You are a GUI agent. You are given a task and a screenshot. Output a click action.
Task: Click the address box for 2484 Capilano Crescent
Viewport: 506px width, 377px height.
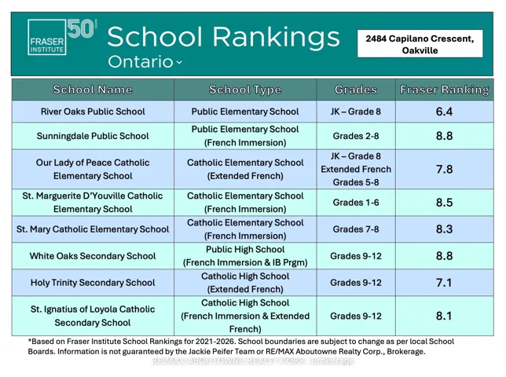pos(420,44)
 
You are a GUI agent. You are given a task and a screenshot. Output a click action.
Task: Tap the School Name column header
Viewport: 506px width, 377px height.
pos(93,90)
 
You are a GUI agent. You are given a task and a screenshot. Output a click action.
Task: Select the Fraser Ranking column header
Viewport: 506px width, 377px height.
pos(445,90)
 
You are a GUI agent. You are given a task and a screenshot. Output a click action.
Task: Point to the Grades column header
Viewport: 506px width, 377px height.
pos(356,90)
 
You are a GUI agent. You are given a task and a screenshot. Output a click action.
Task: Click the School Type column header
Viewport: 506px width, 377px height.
pos(245,90)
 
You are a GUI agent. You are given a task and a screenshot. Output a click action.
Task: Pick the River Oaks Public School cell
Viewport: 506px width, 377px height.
pos(93,112)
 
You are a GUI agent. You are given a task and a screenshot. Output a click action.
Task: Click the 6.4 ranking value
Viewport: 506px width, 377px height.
pos(444,112)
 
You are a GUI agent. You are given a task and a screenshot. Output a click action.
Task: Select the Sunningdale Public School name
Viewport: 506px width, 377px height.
pos(93,136)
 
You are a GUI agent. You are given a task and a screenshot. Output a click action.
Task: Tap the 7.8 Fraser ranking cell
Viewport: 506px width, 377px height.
pos(444,169)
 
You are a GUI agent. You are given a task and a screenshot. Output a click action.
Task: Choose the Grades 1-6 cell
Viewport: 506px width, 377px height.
pos(356,203)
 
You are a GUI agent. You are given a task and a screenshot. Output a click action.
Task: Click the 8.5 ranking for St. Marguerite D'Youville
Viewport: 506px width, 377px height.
pos(444,203)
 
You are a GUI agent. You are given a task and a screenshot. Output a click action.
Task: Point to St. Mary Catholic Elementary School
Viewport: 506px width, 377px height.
pos(93,229)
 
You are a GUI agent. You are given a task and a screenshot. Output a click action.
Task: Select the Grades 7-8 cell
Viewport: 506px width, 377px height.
pos(356,229)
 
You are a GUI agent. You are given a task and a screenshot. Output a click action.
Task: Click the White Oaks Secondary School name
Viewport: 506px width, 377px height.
pos(93,256)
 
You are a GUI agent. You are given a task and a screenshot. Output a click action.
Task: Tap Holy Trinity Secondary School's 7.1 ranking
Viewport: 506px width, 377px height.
pos(444,283)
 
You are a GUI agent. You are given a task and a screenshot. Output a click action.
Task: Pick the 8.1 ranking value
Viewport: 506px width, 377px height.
pos(444,316)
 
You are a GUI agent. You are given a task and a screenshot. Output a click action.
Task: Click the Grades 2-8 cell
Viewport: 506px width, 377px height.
pos(356,136)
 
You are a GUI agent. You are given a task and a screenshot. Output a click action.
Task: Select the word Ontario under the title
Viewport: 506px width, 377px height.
pos(141,61)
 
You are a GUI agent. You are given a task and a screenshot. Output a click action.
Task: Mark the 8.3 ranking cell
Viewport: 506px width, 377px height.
pos(444,229)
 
